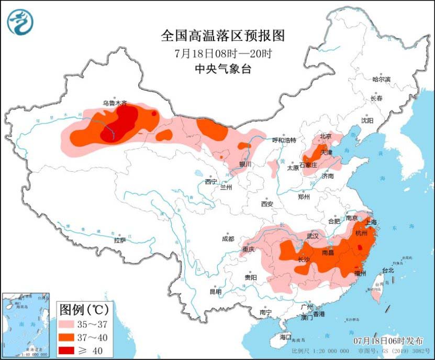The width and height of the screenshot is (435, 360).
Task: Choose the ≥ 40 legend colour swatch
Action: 72,350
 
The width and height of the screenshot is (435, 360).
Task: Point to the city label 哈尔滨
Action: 381,79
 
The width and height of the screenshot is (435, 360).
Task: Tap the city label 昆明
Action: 215,291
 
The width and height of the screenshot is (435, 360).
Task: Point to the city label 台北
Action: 387,270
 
